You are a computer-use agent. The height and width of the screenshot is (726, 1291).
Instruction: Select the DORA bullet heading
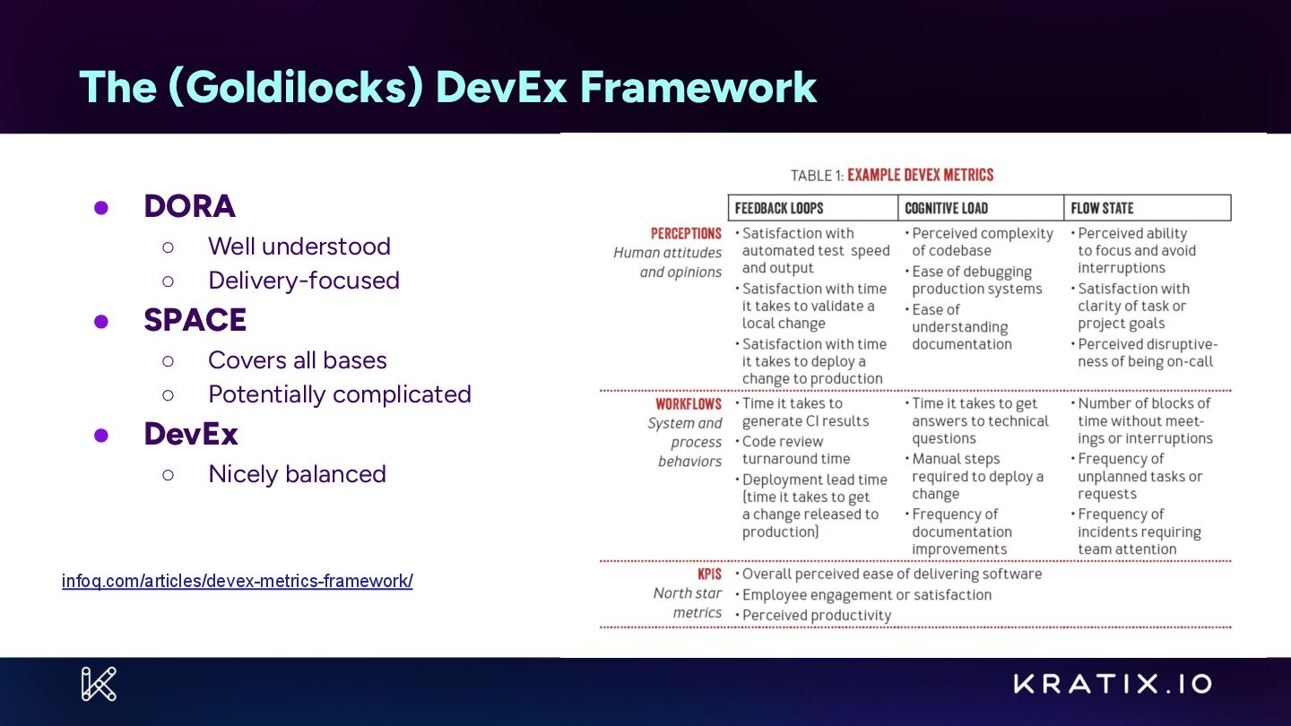click(x=189, y=206)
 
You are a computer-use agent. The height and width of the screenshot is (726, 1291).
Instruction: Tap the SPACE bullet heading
click(x=195, y=320)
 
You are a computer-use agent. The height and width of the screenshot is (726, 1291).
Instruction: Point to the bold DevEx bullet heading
click(x=191, y=434)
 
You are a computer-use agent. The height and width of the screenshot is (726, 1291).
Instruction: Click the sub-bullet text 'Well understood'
click(x=299, y=246)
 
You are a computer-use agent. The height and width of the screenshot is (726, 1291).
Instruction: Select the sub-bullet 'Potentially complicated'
click(x=339, y=394)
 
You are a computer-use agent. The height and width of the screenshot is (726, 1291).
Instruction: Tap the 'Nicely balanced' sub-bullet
click(x=297, y=473)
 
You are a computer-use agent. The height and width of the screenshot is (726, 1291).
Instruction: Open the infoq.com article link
click(x=237, y=581)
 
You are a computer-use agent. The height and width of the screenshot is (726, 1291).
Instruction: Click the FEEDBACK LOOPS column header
click(x=779, y=208)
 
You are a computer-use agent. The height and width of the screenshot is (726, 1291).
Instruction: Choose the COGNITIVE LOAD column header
click(x=946, y=208)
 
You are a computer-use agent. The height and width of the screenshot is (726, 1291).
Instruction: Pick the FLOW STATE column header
click(x=1102, y=208)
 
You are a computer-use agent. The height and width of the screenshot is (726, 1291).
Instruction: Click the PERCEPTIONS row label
click(x=686, y=233)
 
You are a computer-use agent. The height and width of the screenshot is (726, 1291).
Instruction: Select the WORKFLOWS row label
click(x=688, y=404)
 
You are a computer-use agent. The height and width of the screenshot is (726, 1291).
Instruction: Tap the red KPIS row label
click(x=709, y=574)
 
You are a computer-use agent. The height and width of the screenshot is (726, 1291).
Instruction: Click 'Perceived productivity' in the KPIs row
click(x=817, y=615)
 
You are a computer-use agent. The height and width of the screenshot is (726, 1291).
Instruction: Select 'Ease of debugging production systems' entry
click(x=976, y=280)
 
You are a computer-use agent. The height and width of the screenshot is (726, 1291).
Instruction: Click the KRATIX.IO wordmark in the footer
click(x=1113, y=684)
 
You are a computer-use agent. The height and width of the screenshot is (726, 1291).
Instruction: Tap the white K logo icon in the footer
click(x=99, y=684)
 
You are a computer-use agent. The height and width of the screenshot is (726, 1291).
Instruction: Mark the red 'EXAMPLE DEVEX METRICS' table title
click(x=920, y=175)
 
